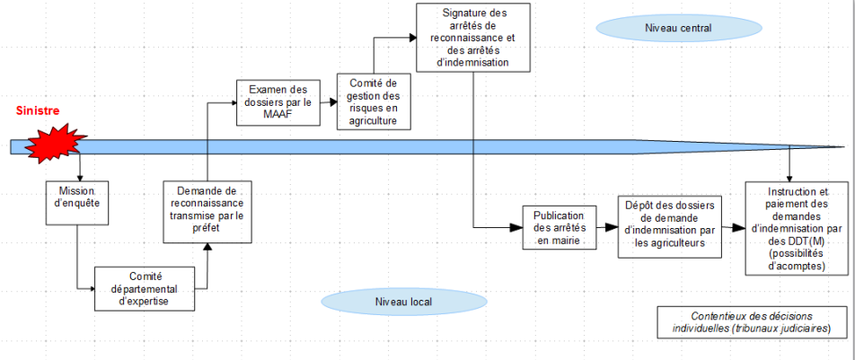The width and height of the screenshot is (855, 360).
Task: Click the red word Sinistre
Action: click(x=38, y=110)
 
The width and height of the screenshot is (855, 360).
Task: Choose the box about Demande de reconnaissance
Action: click(x=207, y=211)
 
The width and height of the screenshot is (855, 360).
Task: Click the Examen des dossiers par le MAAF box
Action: click(x=278, y=102)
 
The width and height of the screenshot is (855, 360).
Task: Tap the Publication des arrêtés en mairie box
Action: click(x=560, y=228)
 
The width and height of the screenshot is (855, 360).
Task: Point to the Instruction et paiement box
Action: click(x=798, y=229)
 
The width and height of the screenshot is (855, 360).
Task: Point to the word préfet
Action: click(x=207, y=229)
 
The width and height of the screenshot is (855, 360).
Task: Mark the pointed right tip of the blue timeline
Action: click(x=842, y=147)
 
